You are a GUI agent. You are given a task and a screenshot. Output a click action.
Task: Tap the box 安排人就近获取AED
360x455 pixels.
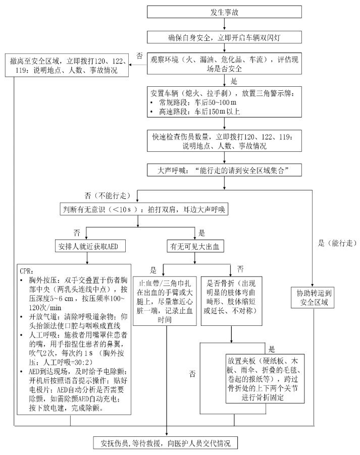[88, 247]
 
